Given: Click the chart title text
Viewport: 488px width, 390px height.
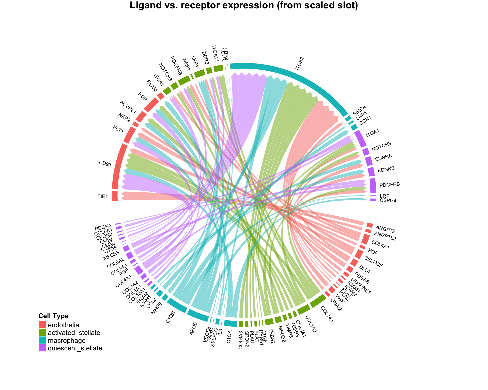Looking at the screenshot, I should [x=244, y=6].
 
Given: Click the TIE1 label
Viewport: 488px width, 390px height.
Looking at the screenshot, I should [x=103, y=196].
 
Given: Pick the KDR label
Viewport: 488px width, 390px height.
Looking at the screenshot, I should [x=142, y=97].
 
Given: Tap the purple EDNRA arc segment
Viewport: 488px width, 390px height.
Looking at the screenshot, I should [x=369, y=161].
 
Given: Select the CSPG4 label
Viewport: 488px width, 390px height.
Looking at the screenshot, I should [x=388, y=201].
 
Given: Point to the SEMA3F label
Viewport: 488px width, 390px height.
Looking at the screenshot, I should [x=373, y=262].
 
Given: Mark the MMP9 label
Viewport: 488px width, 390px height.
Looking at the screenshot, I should [x=157, y=309].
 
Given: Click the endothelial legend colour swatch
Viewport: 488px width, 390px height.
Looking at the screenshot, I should [x=42, y=325].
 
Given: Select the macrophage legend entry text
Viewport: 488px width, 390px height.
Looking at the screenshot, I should [x=67, y=340].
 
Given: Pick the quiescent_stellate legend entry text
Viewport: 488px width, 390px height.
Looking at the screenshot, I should [x=75, y=348].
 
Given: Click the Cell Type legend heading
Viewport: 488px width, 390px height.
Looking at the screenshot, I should [x=53, y=316].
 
